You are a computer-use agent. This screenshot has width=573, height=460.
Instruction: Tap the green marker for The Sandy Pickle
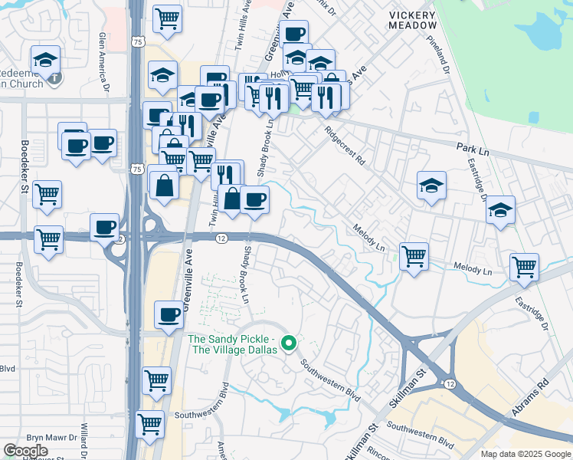(289, 343)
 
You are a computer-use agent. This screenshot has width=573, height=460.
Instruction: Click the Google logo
(25, 450)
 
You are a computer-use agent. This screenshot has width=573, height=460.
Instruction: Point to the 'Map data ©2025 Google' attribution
(525, 453)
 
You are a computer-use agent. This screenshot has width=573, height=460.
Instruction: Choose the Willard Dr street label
(82, 438)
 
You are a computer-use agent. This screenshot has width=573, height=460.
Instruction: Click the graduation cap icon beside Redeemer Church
(46, 60)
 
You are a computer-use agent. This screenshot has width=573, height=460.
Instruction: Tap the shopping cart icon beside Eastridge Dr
(525, 267)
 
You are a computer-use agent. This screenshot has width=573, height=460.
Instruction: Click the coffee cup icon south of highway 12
(169, 314)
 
